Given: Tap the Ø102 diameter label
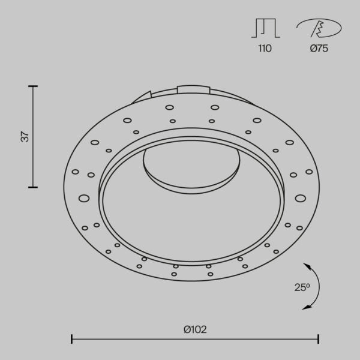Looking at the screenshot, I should pyautogui.click(x=196, y=329).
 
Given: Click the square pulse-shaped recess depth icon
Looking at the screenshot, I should pyautogui.click(x=265, y=28).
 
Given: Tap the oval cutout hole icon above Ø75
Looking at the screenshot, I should pyautogui.click(x=319, y=28).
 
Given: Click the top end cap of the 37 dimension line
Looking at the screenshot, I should pyautogui.click(x=33, y=86).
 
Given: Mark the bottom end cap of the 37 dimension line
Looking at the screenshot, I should pyautogui.click(x=33, y=187).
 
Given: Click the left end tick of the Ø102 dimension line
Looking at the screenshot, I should pyautogui.click(x=72, y=339).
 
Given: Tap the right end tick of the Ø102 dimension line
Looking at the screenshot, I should pyautogui.click(x=319, y=339).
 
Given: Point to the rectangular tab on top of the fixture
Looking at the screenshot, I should pyautogui.click(x=193, y=90).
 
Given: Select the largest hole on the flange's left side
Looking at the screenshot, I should pyautogui.click(x=84, y=197).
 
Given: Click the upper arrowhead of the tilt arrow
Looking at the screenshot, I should pyautogui.click(x=307, y=265).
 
